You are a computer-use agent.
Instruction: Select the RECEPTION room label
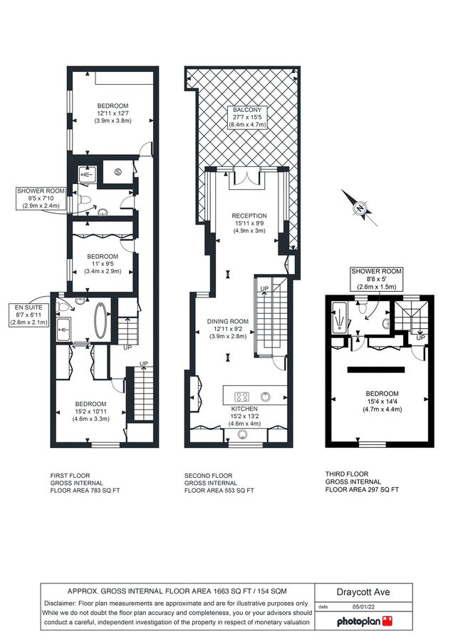[x=249, y=215]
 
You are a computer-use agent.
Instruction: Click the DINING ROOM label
[x=228, y=321]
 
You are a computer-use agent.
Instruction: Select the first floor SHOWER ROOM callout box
[x=42, y=198]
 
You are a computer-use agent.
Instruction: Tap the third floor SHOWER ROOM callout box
[x=376, y=278]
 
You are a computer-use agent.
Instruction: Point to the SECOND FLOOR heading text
[x=208, y=475]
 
